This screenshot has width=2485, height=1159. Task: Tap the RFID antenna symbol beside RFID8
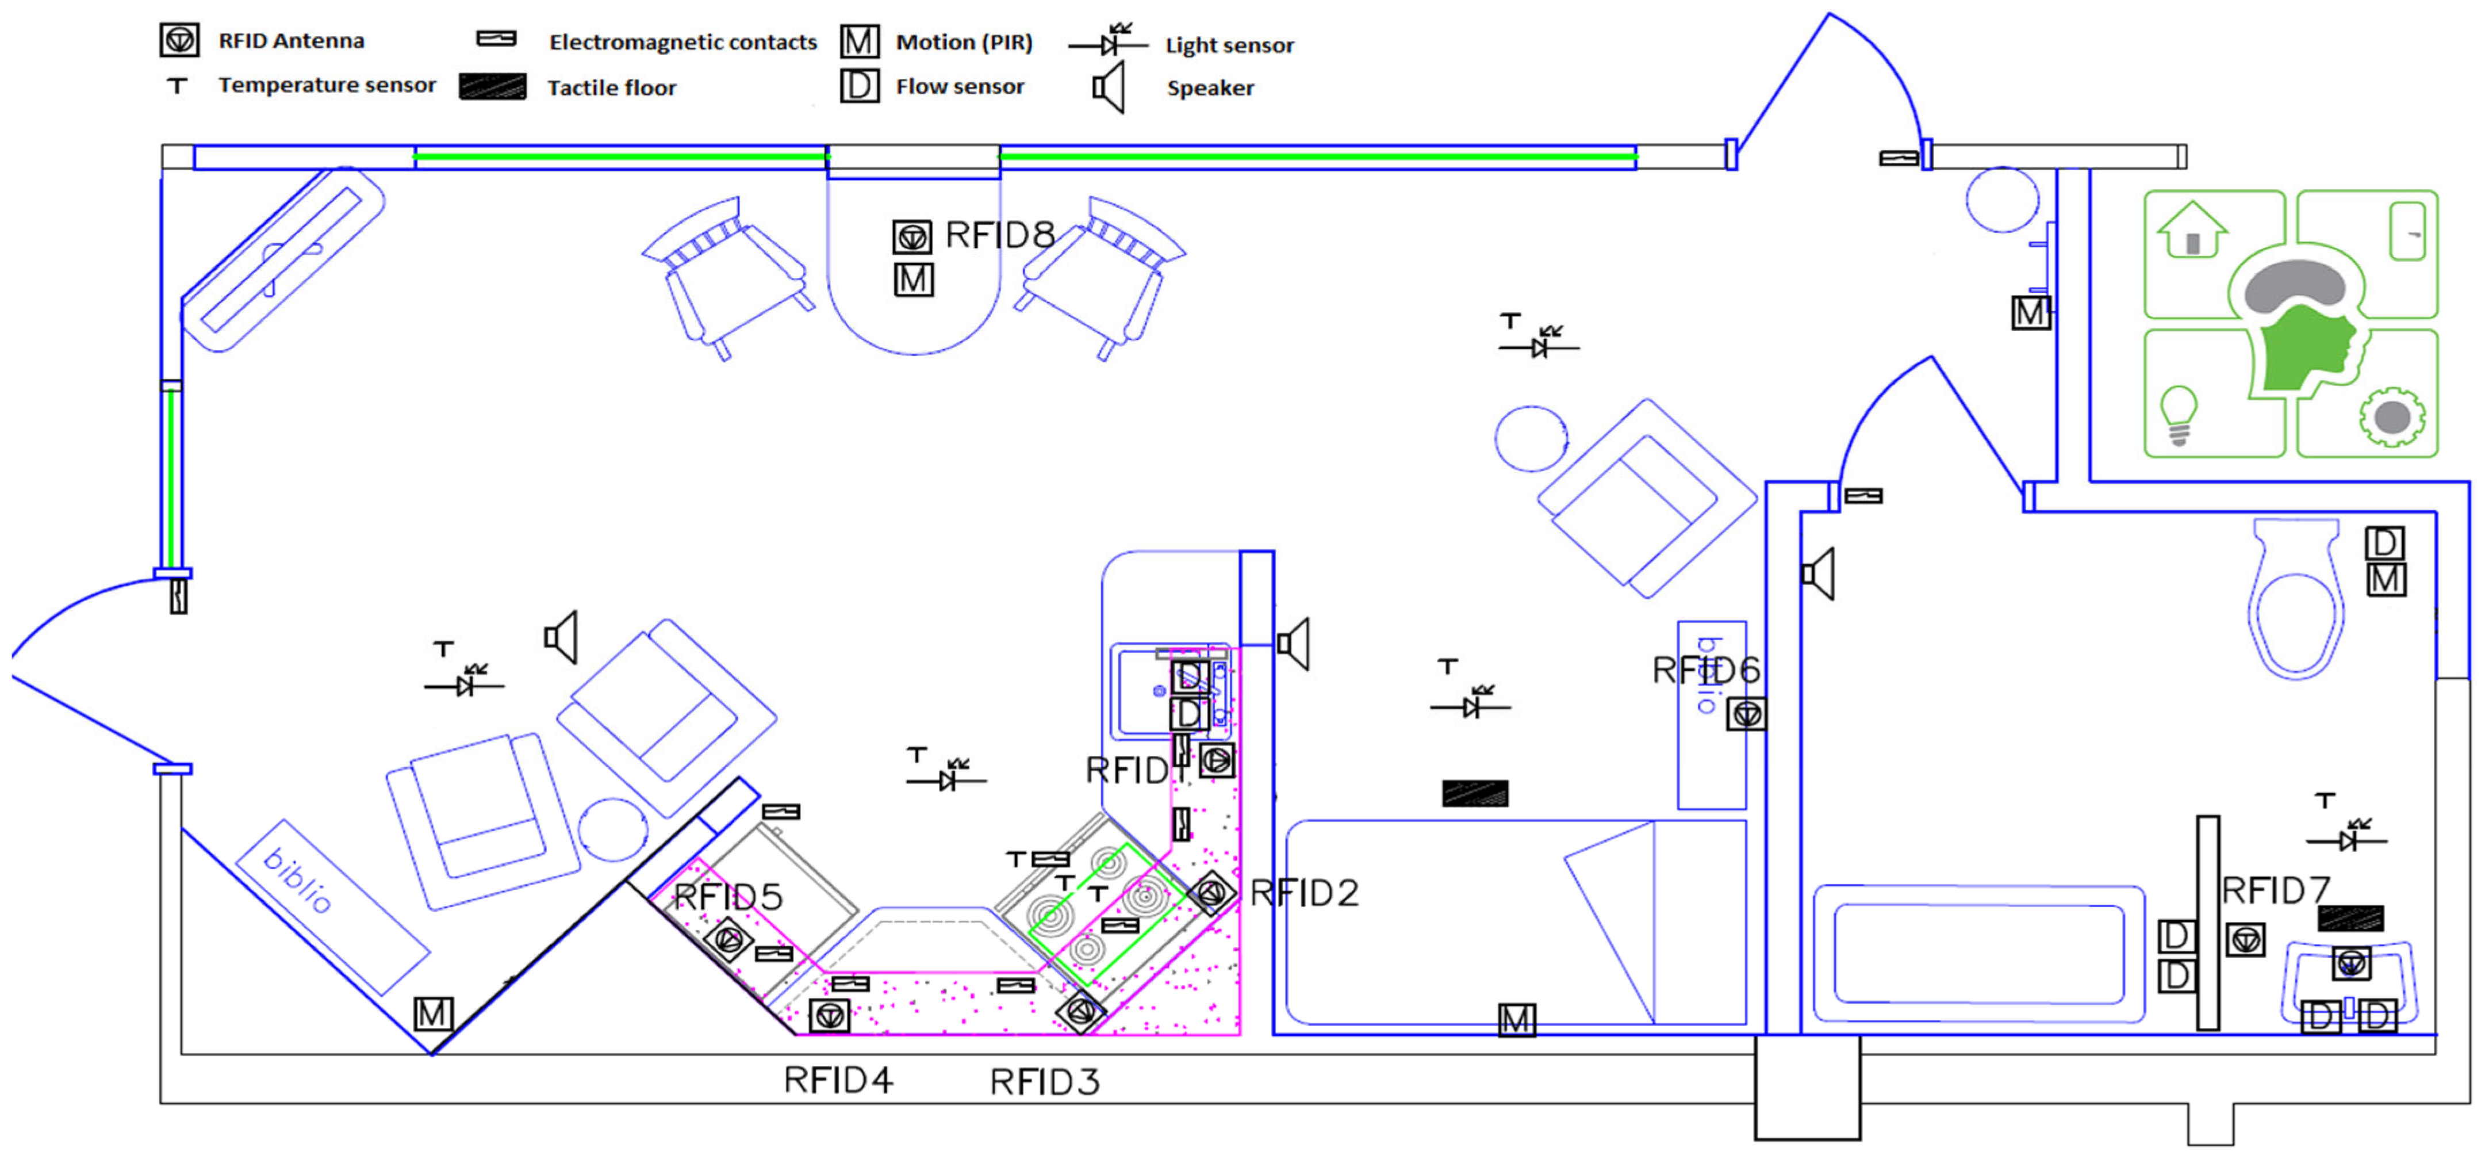[912, 236]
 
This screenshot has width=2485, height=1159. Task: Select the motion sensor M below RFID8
[914, 280]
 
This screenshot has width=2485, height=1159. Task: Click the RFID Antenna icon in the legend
[179, 40]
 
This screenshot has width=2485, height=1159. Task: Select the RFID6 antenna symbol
[1746, 714]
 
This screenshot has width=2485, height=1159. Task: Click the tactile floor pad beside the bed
[1475, 793]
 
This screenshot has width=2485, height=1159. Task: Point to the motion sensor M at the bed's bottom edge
[1516, 1020]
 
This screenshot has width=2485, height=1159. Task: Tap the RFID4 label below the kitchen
[837, 1080]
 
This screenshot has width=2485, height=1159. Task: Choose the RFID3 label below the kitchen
[1045, 1082]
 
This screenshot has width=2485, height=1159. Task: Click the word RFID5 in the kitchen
[728, 897]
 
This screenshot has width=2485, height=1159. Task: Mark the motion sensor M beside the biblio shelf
[433, 1013]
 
